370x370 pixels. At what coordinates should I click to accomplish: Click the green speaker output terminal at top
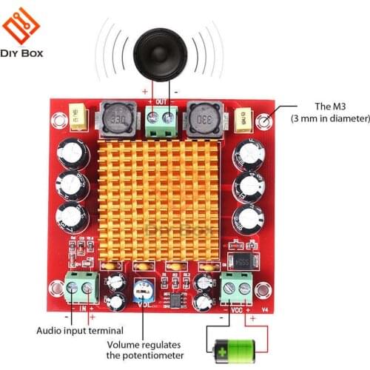(161, 120)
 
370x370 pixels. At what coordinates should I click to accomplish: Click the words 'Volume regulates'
(143, 345)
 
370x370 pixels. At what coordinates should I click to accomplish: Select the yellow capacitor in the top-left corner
(78, 115)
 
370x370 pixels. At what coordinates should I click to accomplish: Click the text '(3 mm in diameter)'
(329, 118)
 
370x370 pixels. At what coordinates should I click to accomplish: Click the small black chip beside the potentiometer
(175, 300)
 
